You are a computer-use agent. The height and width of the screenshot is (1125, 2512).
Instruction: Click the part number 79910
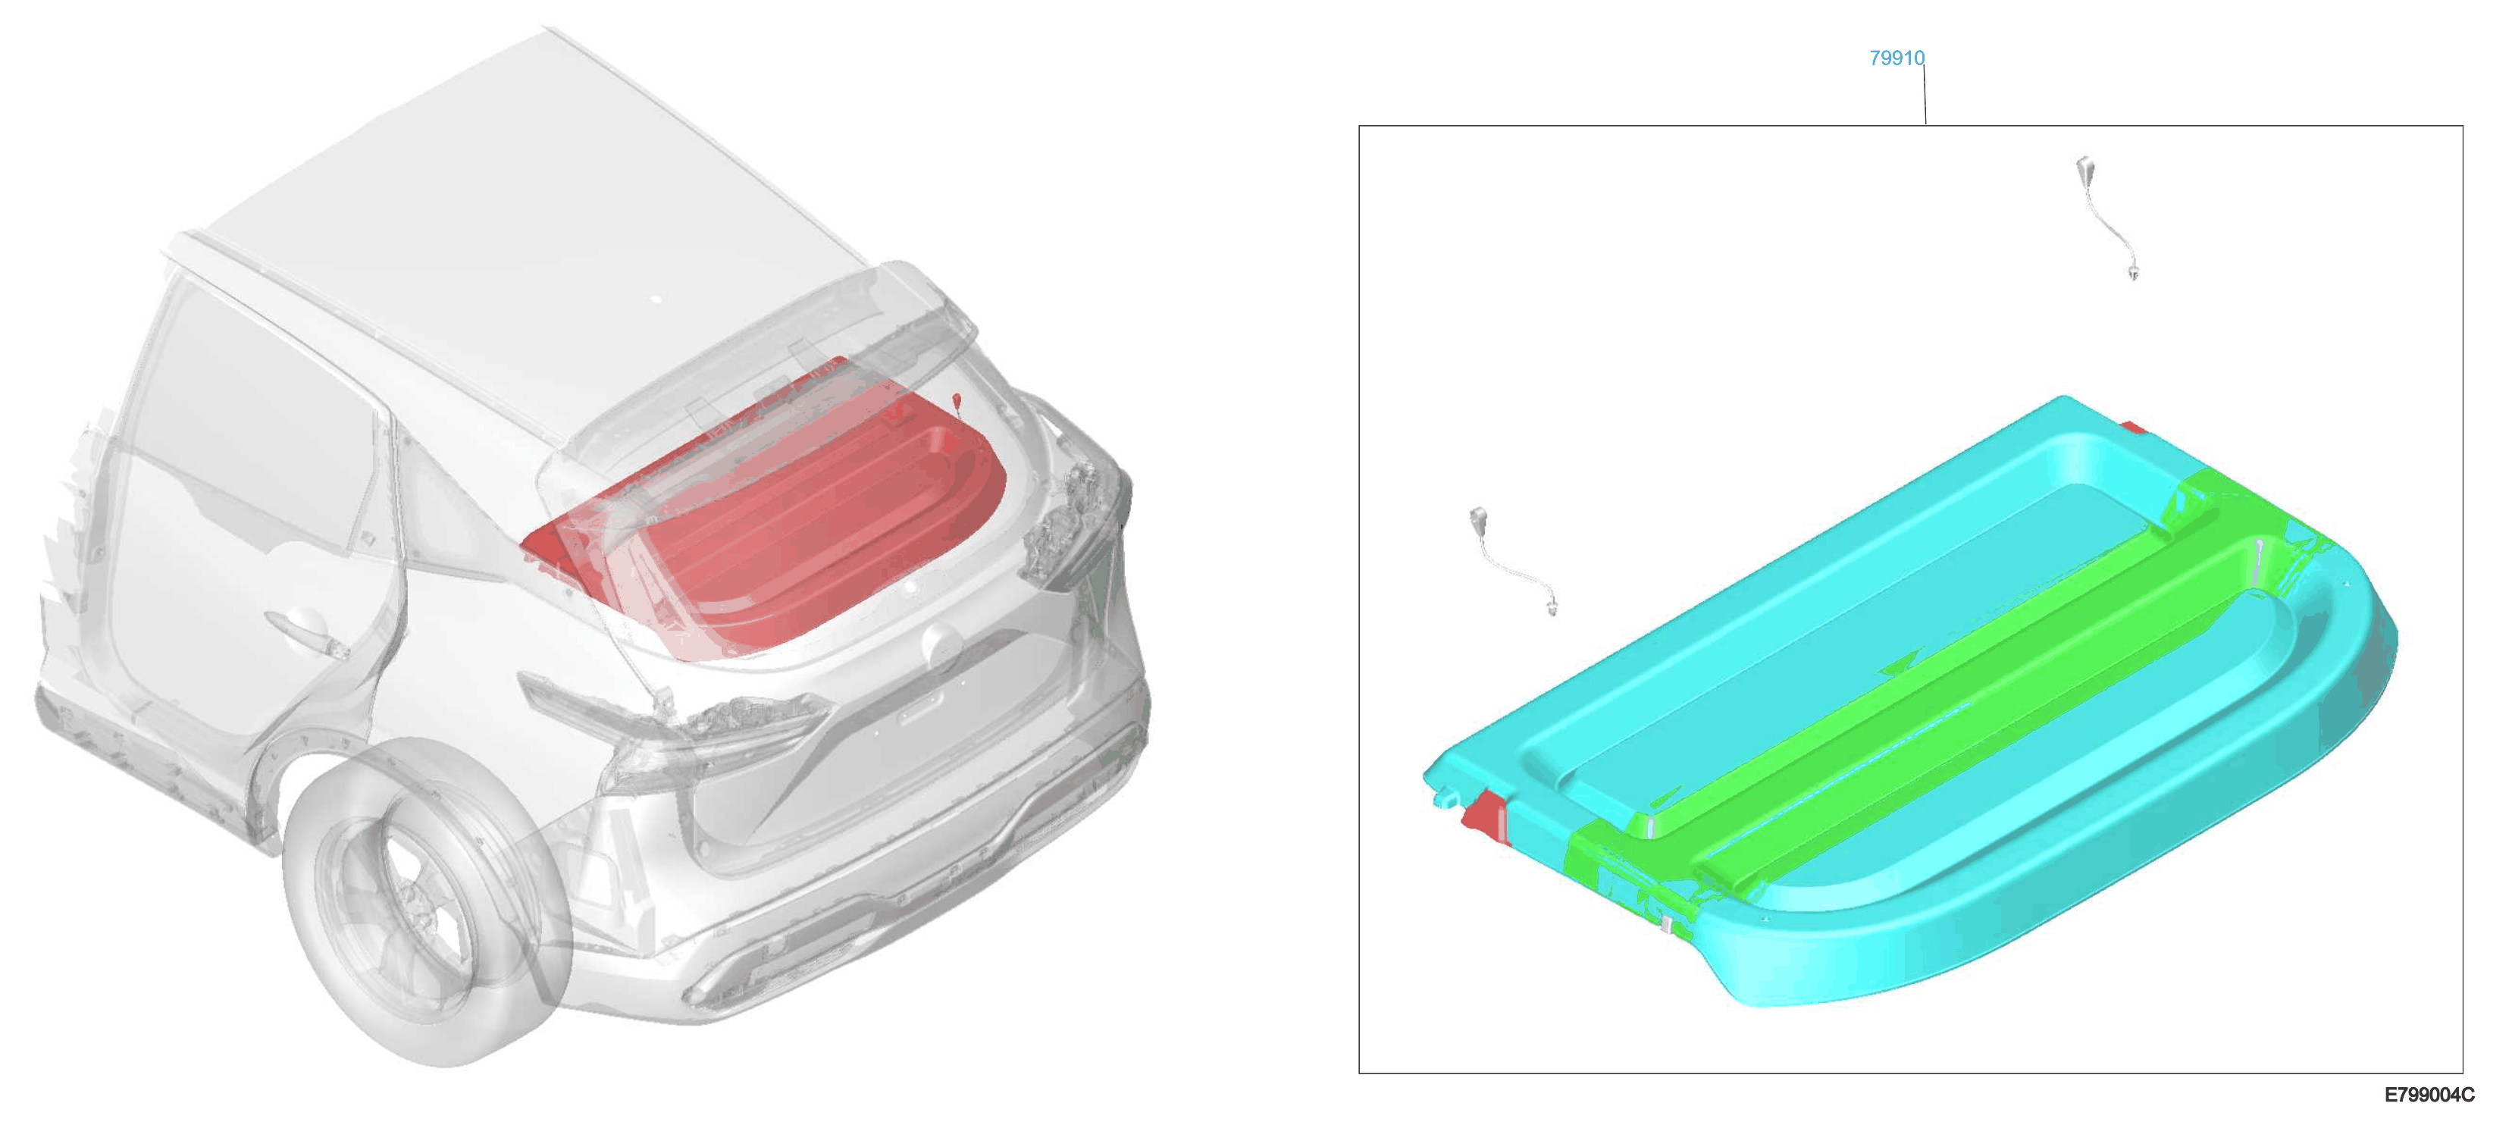[1896, 58]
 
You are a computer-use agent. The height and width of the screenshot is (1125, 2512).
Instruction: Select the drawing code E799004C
[2428, 1095]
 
